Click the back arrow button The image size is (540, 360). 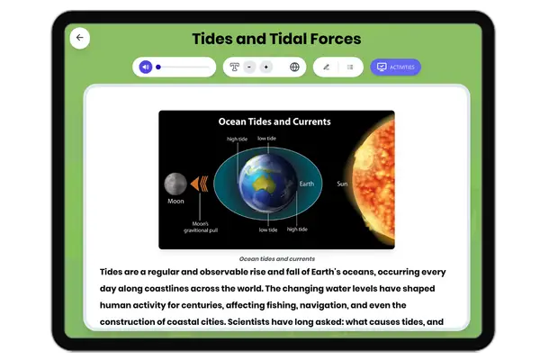[x=79, y=38]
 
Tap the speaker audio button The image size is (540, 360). [x=146, y=67]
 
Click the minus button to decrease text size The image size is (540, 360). [x=249, y=67]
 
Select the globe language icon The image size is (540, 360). [x=294, y=67]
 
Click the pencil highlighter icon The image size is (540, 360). [x=326, y=67]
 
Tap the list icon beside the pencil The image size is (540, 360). [x=350, y=67]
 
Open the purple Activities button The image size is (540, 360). [x=395, y=67]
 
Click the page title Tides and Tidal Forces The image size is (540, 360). [x=276, y=39]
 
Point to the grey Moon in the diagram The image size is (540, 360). [x=175, y=184]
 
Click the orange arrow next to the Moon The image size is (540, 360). [x=200, y=184]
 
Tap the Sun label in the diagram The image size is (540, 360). [x=342, y=184]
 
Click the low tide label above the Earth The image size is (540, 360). [x=267, y=139]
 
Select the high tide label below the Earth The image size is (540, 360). [x=297, y=229]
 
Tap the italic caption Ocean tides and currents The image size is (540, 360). [x=276, y=258]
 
